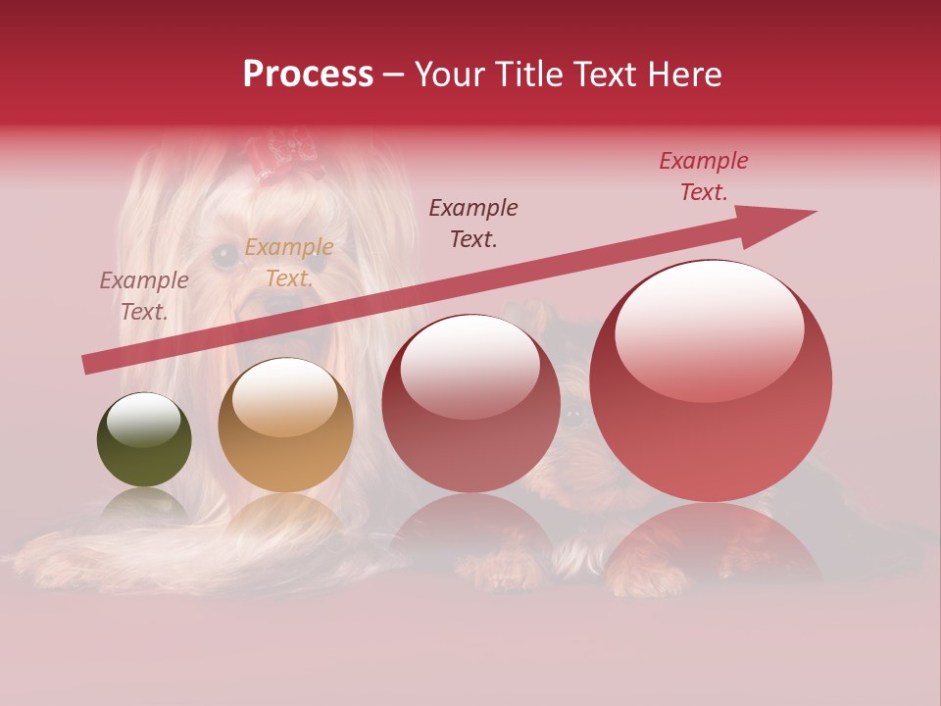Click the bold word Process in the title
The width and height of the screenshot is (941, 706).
point(308,75)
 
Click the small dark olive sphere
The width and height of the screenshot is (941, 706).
point(144,440)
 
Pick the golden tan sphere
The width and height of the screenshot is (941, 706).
point(285,425)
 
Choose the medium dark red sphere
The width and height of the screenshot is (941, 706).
point(470,403)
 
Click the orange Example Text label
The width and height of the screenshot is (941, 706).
point(289,263)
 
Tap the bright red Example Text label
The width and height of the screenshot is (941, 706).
point(704,176)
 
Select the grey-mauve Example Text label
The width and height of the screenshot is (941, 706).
point(144,296)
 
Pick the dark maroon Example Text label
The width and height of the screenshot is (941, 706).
point(473,223)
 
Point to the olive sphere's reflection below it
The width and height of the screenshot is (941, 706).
point(144,505)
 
